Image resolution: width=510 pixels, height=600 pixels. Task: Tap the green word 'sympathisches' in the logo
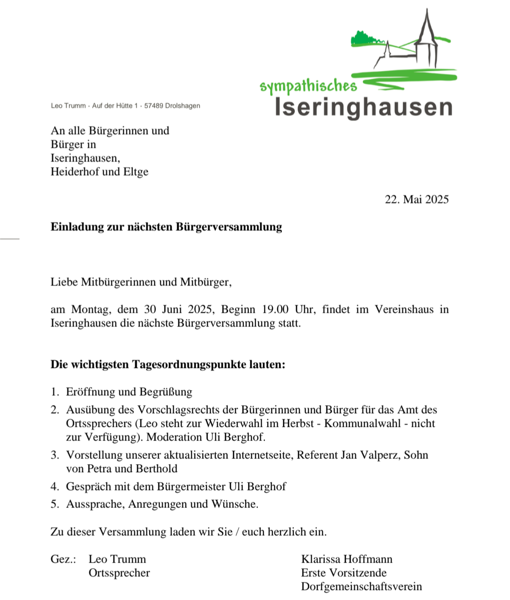(x=308, y=86)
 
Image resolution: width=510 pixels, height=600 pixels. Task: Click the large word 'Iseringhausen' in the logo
(x=364, y=108)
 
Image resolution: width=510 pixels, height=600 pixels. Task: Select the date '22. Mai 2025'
(x=416, y=200)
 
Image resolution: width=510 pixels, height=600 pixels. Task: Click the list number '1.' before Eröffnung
(x=55, y=392)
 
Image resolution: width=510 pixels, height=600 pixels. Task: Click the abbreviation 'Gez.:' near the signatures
(x=63, y=559)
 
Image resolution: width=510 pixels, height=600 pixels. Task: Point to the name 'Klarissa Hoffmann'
(x=347, y=559)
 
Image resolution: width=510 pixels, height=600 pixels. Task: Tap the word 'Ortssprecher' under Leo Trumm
(x=119, y=573)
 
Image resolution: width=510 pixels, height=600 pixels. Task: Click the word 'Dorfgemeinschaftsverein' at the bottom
(x=361, y=587)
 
